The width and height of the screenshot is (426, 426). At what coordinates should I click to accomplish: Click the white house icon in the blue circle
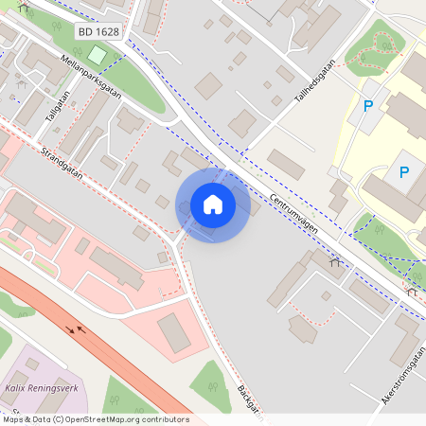[213, 204]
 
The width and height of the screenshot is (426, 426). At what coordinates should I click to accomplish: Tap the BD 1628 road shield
[98, 32]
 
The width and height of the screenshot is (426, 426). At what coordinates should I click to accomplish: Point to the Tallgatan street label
[56, 105]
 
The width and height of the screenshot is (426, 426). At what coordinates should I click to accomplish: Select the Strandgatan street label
[62, 162]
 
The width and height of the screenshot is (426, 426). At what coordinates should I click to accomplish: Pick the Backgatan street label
[248, 402]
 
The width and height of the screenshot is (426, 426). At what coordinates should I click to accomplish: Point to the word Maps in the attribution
[13, 418]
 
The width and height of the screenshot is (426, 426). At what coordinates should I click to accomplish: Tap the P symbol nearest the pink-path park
[369, 108]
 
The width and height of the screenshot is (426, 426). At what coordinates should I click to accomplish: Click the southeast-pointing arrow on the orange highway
[69, 329]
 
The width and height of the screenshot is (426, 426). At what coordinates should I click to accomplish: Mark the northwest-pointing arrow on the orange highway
[81, 330]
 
